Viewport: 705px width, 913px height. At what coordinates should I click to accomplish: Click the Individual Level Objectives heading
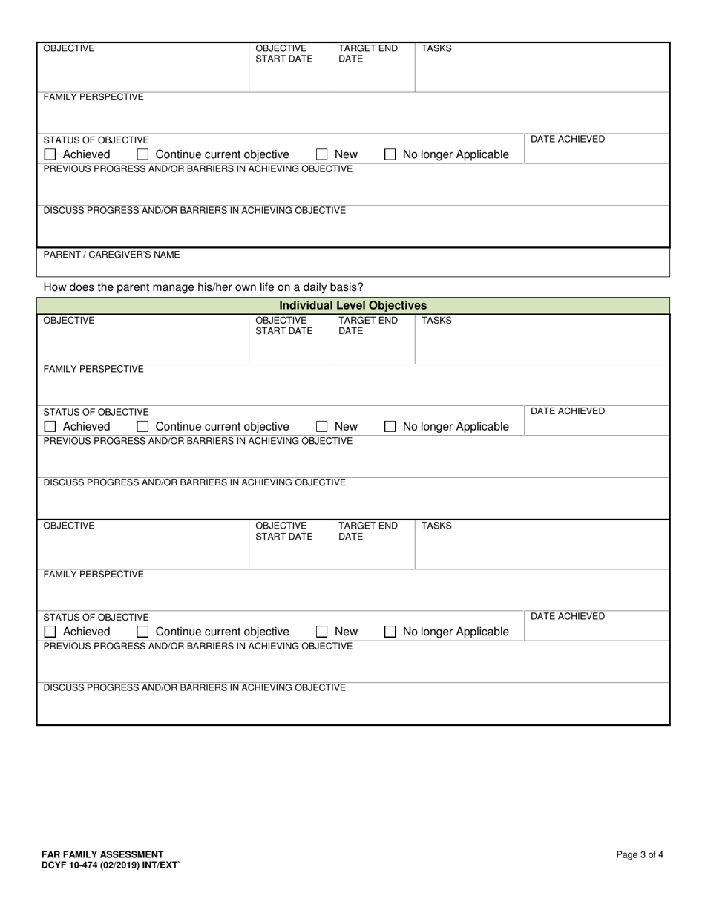point(352,305)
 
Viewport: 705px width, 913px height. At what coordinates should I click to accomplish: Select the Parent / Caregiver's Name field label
point(111,255)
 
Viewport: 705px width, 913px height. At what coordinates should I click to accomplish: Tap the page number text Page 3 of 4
point(640,854)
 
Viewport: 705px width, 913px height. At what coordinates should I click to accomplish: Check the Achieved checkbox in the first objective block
point(50,155)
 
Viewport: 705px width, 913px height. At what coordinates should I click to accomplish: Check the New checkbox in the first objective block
point(322,155)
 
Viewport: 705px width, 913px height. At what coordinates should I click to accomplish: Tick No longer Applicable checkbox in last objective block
point(390,632)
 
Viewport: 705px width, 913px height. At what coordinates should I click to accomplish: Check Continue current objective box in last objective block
point(143,632)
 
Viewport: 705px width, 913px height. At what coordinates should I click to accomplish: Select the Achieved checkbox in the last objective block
point(50,632)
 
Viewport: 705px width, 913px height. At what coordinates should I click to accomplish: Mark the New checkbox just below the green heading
point(322,427)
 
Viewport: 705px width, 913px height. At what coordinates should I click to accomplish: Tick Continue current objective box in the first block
point(143,155)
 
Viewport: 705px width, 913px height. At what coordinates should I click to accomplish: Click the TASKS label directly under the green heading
point(436,321)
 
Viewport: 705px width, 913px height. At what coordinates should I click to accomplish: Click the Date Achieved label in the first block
point(567,140)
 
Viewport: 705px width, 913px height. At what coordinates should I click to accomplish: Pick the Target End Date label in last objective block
point(368,531)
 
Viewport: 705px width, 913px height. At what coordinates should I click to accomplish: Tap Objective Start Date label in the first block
point(284,53)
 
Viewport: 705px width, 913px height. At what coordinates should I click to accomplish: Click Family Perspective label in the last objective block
point(94,575)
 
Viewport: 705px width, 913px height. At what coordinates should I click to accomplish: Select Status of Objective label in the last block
point(96,617)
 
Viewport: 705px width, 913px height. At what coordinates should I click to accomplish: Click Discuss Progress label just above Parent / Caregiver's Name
point(194,211)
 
